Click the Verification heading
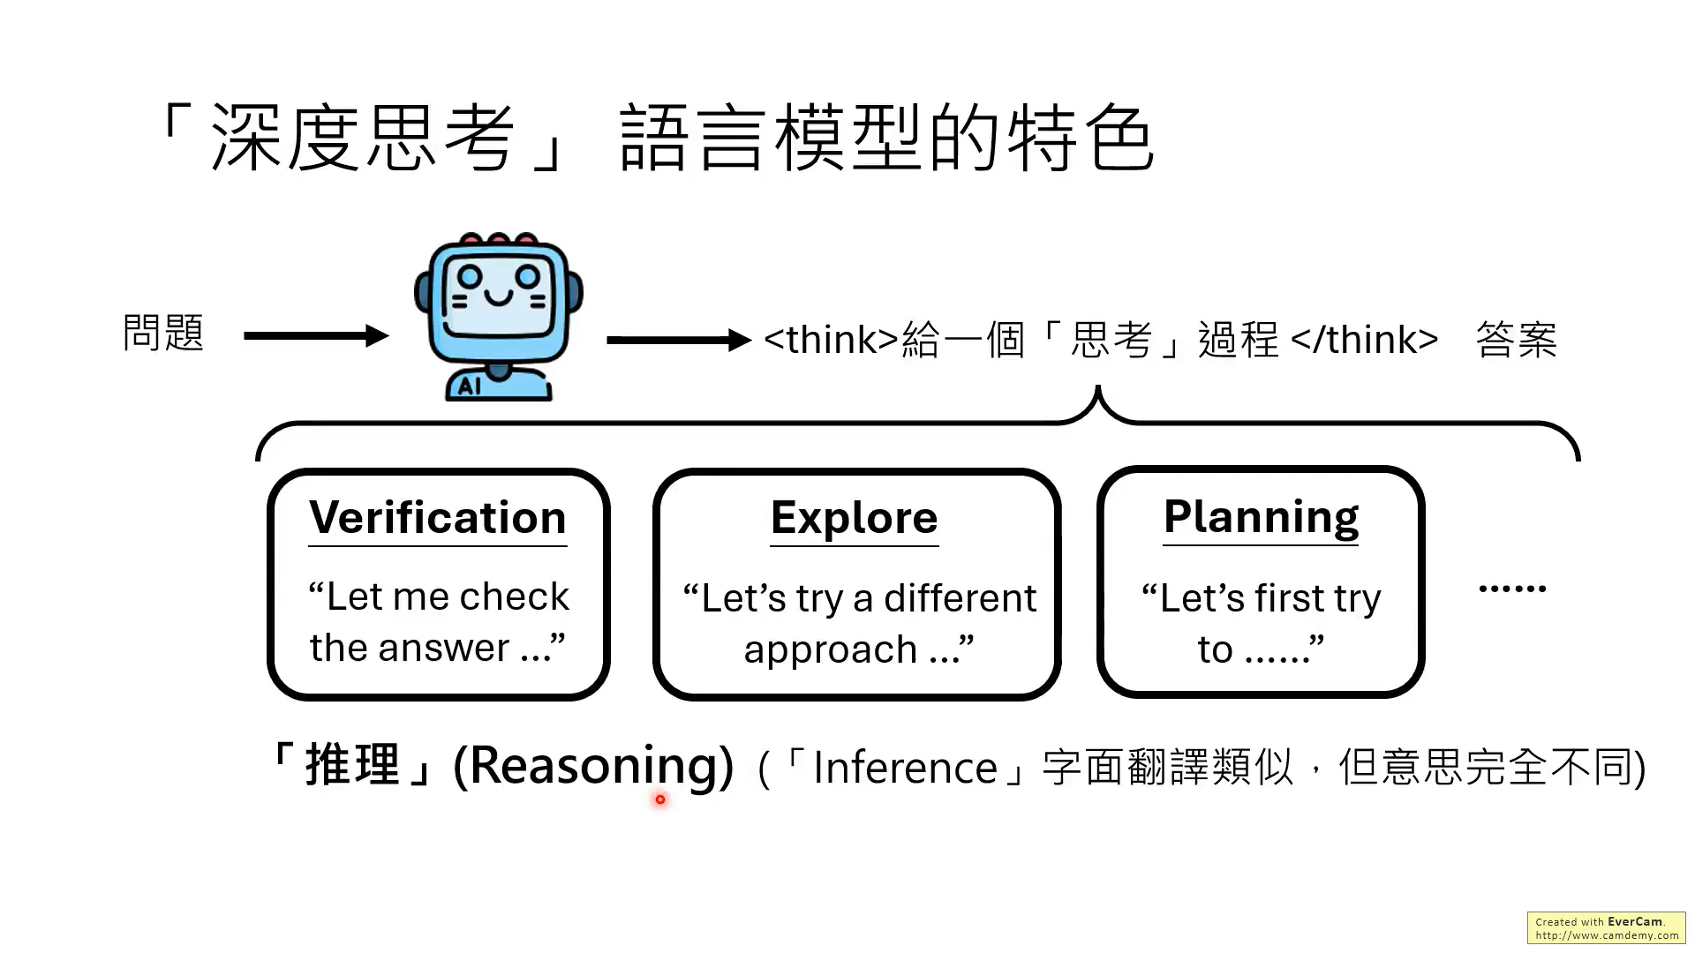point(437,518)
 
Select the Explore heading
point(854,518)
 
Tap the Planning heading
point(1261,517)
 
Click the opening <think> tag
point(831,340)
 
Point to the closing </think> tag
point(1364,340)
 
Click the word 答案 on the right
point(1516,340)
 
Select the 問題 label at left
point(163,334)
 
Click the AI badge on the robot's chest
point(470,386)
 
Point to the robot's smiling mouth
point(498,298)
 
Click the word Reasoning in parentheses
point(593,766)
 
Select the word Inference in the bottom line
point(905,768)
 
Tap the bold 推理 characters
point(352,764)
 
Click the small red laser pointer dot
point(660,799)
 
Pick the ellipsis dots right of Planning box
point(1511,588)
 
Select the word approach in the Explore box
point(830,650)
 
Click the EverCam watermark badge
point(1606,928)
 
